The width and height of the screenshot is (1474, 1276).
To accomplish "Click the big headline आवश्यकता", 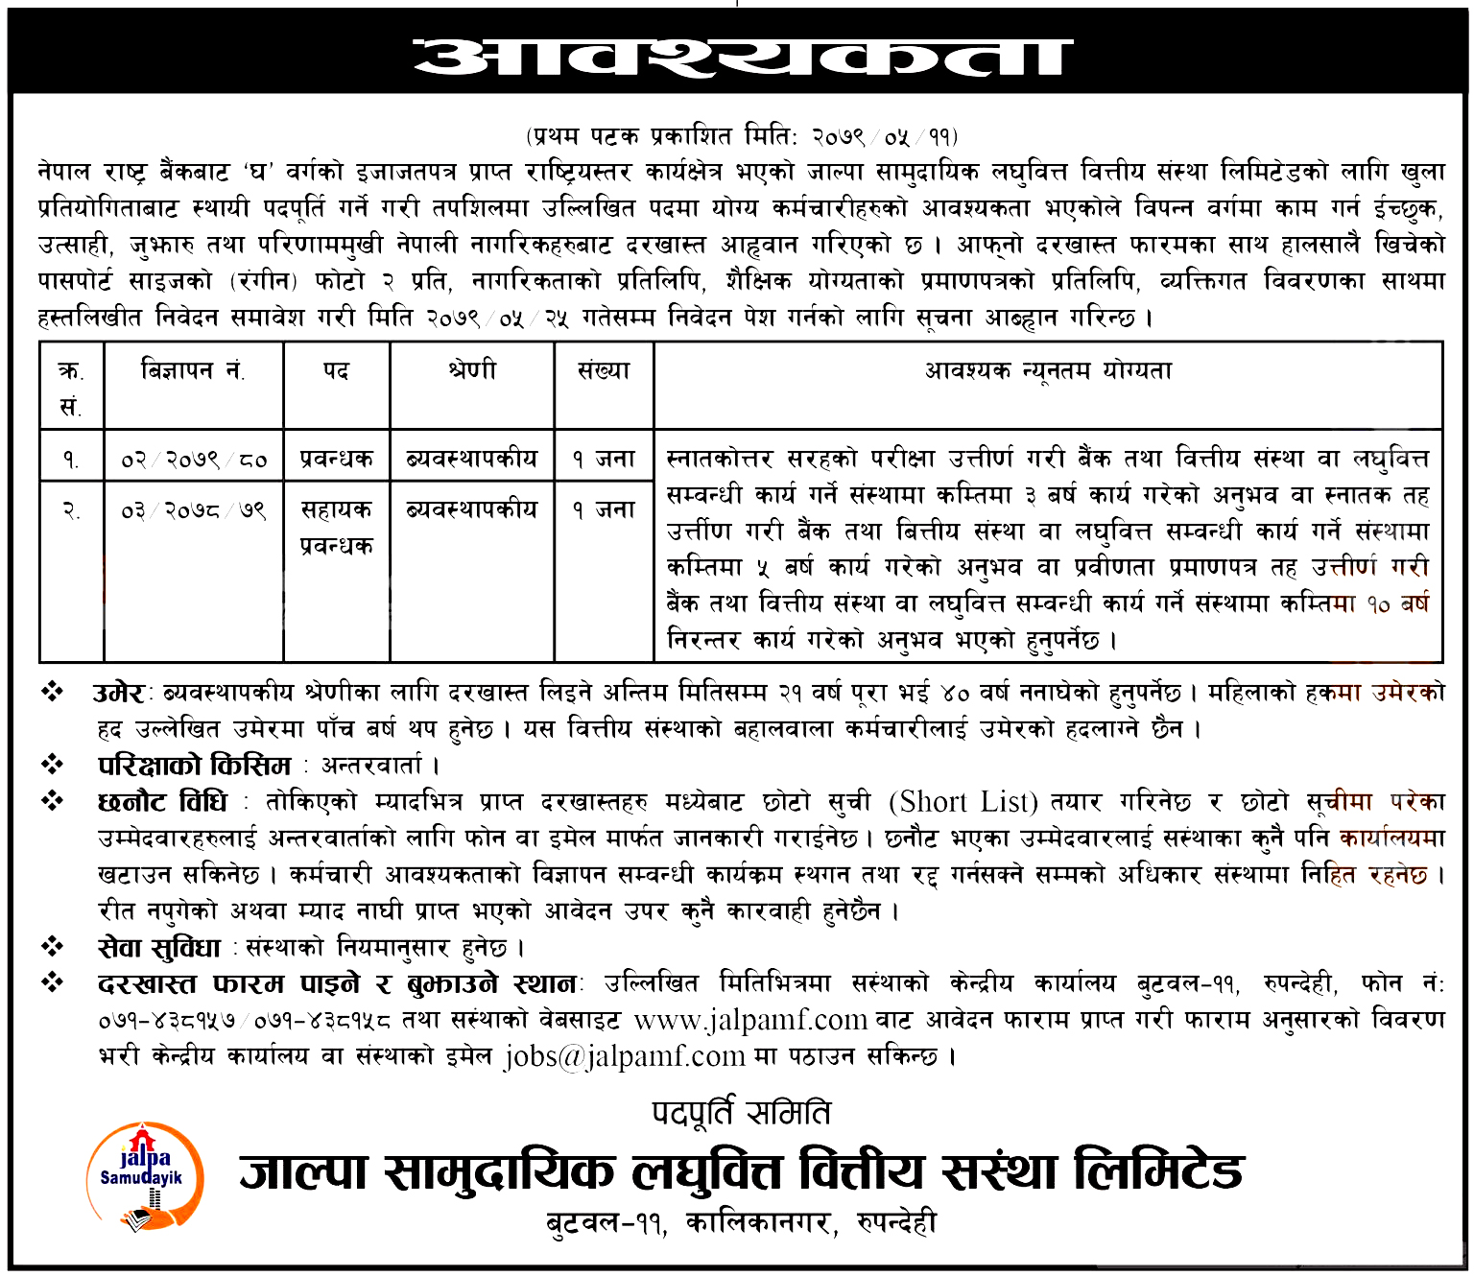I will pos(741,57).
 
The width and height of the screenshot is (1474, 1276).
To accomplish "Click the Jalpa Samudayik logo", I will pos(144,1176).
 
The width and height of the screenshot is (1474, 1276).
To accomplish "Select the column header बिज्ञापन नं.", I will pos(193,370).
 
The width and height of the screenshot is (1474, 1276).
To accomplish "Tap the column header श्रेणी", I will pos(471,370).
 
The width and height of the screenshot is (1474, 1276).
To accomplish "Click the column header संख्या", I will pos(604,370).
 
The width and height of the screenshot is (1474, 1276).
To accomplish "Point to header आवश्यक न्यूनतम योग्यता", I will pos(1048,370).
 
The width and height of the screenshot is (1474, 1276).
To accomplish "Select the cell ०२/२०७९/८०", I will pos(193,460).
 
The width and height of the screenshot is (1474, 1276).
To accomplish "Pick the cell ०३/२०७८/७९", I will pos(193,510).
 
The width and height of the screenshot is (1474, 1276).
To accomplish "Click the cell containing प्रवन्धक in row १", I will pos(336,460).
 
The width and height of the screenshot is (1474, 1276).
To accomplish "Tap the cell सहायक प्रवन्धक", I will pos(336,528).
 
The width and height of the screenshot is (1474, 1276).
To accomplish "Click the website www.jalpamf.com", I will pos(750,1020).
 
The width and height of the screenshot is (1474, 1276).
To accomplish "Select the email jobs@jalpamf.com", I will pos(625,1056).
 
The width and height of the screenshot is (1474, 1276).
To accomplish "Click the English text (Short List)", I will pos(963,801).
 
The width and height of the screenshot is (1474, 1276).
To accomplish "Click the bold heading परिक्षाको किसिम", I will pos(195,766).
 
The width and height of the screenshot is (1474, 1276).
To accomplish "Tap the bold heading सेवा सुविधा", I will pos(159,948).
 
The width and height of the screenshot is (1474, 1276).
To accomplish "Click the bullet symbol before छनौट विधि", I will pos(53,801).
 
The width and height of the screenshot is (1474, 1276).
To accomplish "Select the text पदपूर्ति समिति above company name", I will pos(741,1113).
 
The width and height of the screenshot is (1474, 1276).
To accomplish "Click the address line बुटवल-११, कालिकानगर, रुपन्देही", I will pos(741,1223).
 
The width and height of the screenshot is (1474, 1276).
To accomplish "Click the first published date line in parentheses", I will pos(741,136).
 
